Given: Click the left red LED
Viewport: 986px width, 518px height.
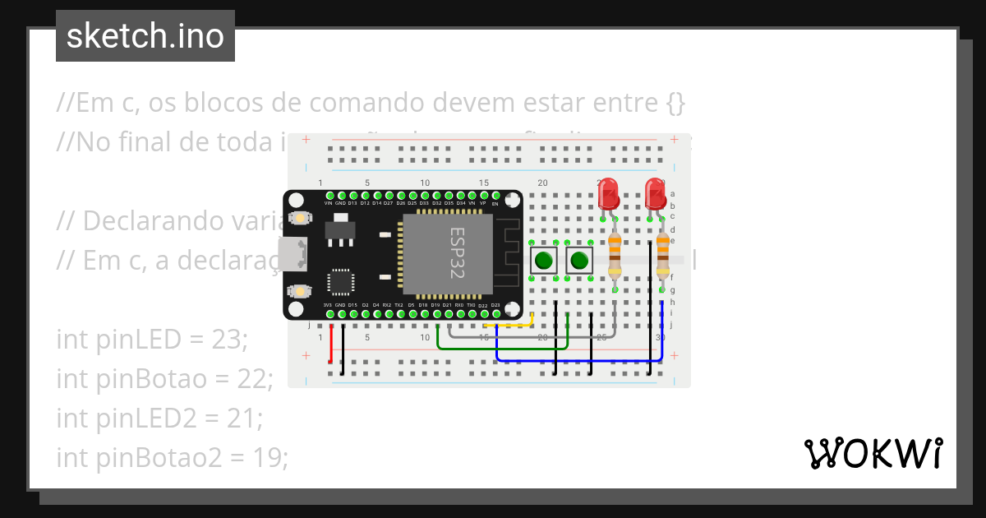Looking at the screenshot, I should tap(609, 194).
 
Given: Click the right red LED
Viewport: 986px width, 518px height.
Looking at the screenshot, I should tap(656, 194).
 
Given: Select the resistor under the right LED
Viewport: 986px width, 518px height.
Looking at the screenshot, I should tap(663, 256).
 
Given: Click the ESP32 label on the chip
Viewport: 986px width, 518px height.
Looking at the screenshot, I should tap(457, 253).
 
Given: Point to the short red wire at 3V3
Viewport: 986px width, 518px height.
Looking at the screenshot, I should tap(331, 344).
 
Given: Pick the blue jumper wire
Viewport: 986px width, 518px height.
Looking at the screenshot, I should tap(575, 360).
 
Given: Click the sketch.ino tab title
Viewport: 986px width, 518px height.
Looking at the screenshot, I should tap(145, 36).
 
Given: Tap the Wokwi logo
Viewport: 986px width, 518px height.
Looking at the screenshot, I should tap(873, 453).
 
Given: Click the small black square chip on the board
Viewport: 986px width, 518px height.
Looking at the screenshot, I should tap(340, 281).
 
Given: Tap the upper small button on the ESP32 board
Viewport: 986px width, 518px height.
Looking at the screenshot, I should tap(301, 219).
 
